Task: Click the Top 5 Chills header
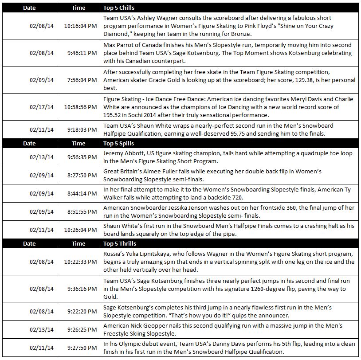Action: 118,8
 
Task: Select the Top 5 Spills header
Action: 118,143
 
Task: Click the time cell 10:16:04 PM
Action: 81,26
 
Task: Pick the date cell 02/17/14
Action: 42,107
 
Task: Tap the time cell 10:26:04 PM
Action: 81,230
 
